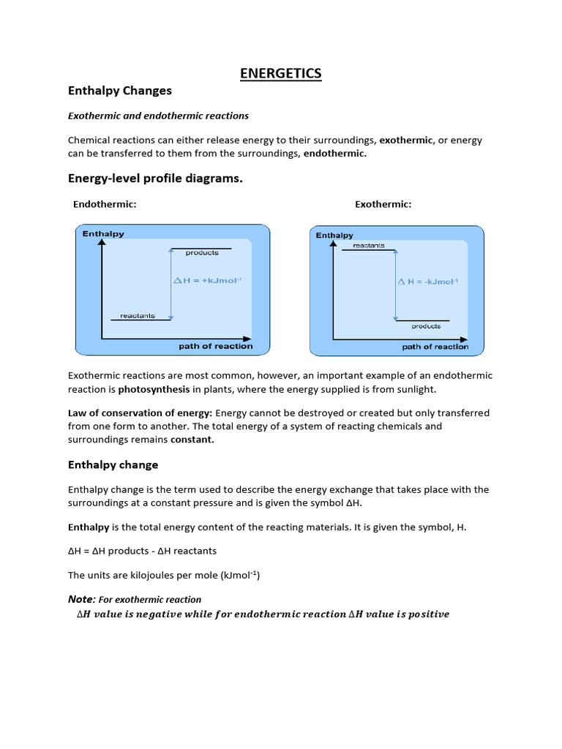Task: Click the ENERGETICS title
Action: point(281,73)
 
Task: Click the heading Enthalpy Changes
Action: point(119,91)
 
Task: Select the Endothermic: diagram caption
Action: point(105,204)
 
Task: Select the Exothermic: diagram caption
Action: point(383,204)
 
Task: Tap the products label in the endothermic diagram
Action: point(202,253)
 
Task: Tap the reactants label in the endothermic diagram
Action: point(138,315)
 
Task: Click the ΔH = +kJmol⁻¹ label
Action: point(208,280)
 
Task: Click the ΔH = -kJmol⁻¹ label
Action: point(428,281)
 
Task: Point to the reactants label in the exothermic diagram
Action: point(368,246)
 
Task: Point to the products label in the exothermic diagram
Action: point(426,326)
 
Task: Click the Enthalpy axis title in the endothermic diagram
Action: point(103,234)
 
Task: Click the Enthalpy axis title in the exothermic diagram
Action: point(334,235)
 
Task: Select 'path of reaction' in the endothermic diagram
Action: point(216,346)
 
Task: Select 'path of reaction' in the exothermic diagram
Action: point(435,347)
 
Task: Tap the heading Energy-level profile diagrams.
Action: point(155,178)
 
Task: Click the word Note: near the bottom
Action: point(82,599)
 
